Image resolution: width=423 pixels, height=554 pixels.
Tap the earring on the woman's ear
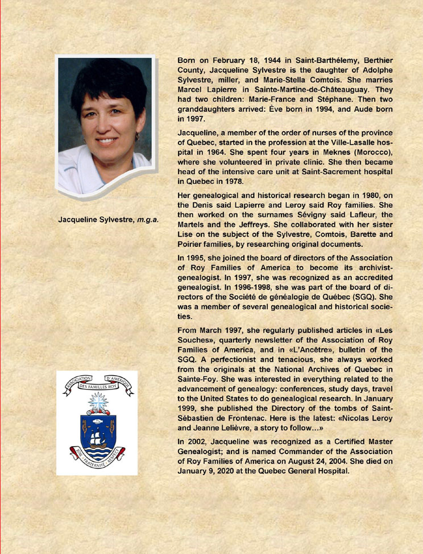[x=137, y=137]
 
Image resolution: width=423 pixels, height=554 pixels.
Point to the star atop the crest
[x=97, y=402]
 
